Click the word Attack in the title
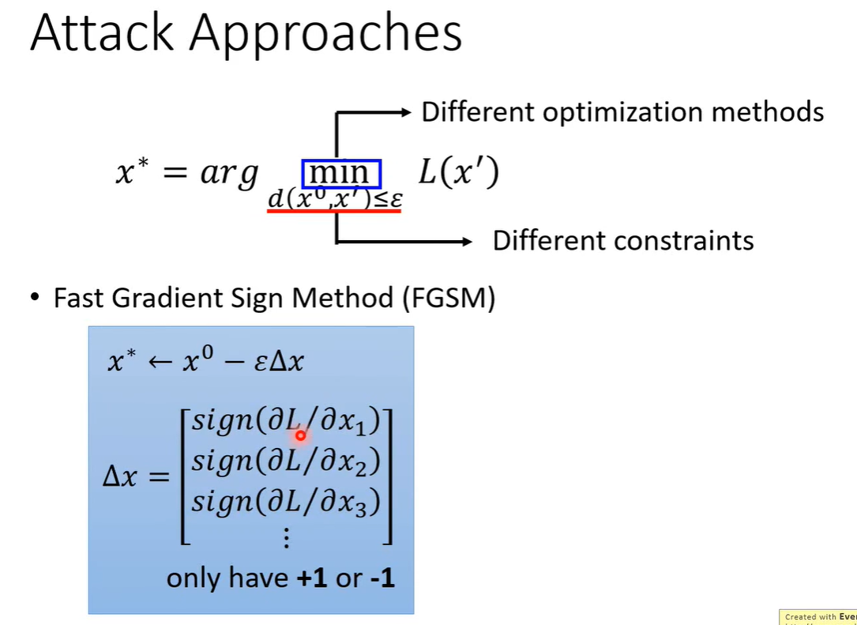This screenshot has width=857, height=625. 100,34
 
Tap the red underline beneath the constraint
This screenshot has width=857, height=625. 336,212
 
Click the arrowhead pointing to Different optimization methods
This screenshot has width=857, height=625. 406,113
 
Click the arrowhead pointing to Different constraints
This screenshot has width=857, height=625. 466,241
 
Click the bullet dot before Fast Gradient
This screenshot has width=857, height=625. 34,299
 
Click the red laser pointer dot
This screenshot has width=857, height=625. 300,435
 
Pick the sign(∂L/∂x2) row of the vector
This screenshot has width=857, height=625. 287,461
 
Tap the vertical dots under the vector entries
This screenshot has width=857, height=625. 287,538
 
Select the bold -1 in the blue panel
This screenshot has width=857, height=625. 381,578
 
